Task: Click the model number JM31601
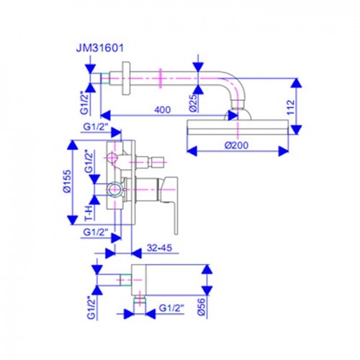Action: [x=100, y=48]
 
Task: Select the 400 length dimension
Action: [x=163, y=109]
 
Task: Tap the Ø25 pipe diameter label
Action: [x=193, y=102]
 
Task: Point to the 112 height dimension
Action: [x=290, y=107]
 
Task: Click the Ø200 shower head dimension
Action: [x=237, y=145]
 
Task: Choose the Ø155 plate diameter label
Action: [x=68, y=181]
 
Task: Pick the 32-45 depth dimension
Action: [x=160, y=248]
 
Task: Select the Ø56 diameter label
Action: [x=202, y=307]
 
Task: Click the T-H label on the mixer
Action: [x=89, y=213]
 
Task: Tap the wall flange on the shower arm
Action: [x=126, y=78]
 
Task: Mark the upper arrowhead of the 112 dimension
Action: [x=297, y=83]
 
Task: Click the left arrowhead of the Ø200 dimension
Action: [x=192, y=151]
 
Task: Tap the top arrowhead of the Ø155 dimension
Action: [x=72, y=145]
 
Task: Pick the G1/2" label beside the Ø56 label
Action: [x=171, y=308]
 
